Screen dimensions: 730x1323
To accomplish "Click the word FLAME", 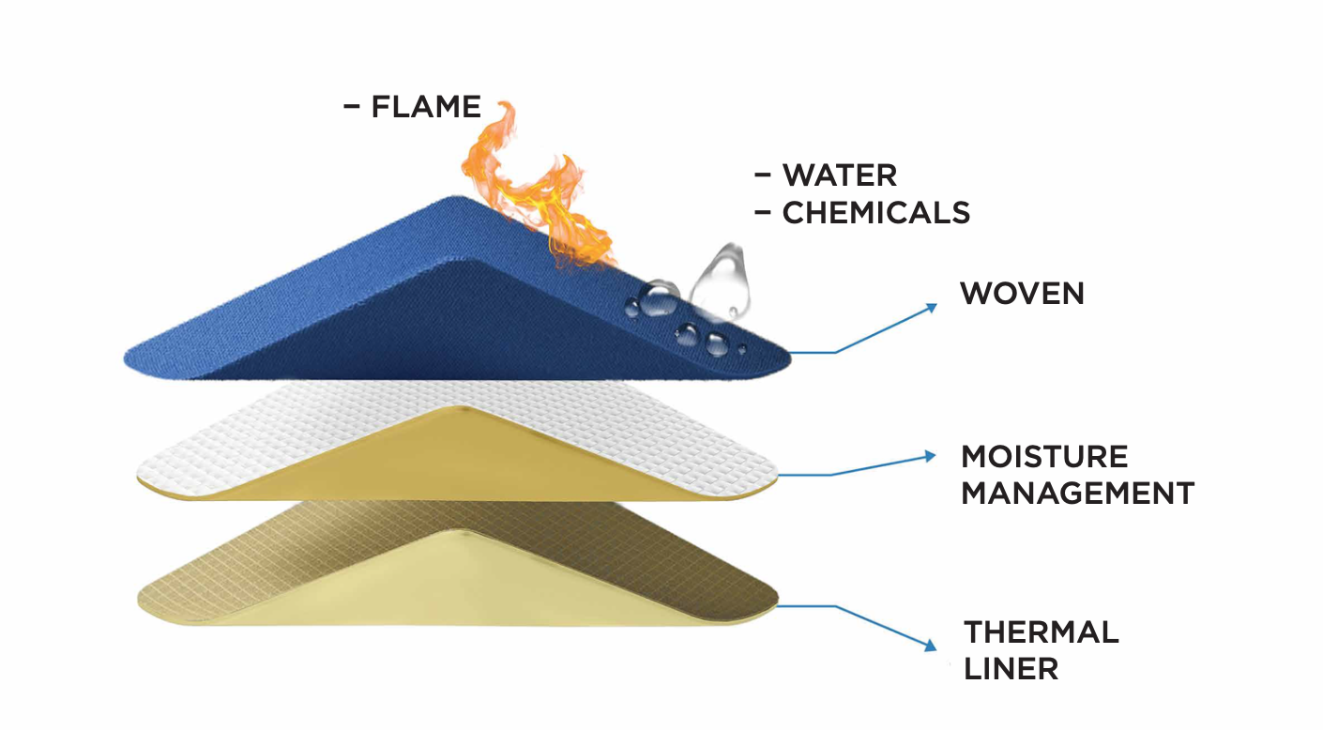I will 426,106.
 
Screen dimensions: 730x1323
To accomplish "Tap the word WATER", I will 840,175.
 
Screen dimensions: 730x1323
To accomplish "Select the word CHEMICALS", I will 876,213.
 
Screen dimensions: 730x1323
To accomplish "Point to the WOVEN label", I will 1022,294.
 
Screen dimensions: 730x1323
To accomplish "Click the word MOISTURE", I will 1044,457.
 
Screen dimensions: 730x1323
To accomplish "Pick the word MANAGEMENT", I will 1077,493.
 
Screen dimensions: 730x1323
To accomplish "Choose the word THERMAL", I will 1042,632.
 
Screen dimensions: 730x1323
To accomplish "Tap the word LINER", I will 1011,669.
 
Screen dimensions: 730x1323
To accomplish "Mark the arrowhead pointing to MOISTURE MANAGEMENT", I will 931,456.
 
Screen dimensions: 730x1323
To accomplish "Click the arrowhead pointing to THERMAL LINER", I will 931,646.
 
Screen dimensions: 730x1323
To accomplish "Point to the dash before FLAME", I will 352,106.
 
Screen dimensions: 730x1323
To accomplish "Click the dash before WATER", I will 764,175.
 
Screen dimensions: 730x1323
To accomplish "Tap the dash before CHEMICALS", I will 764,213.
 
